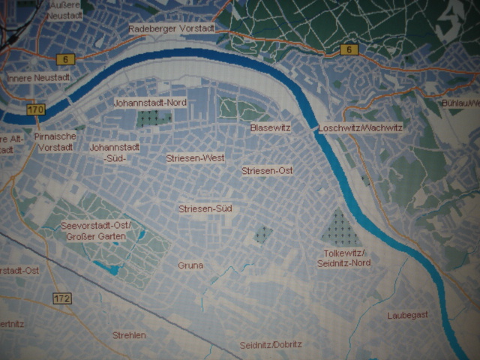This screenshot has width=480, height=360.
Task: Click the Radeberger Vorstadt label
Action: click(172, 28)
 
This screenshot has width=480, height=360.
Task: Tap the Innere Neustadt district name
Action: click(38, 78)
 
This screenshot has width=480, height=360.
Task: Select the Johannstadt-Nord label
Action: click(150, 102)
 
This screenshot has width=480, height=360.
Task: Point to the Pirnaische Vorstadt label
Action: click(54, 142)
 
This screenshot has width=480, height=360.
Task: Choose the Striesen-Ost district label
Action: click(267, 171)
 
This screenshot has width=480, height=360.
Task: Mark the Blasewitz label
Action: click(270, 128)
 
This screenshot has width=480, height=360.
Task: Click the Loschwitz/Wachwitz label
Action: click(360, 128)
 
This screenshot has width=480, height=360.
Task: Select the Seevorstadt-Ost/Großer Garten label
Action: click(97, 232)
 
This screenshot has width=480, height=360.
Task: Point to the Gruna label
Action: click(190, 265)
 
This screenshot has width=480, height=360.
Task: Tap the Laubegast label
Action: click(408, 315)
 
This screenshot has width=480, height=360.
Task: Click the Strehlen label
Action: click(129, 335)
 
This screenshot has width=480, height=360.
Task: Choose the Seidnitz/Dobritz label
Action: click(271, 345)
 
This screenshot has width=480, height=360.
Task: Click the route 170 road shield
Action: click(34, 110)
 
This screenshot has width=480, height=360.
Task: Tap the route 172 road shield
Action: click(62, 298)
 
